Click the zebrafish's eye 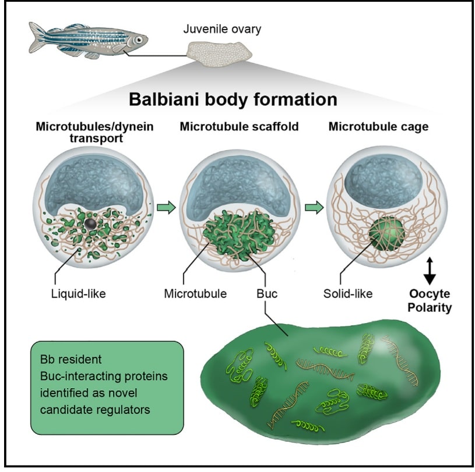click(x=139, y=40)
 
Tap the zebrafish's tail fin click(x=37, y=37)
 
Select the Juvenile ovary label click(x=222, y=29)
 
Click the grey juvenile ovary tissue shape click(x=219, y=54)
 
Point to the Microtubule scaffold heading click(x=240, y=126)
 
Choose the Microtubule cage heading click(x=378, y=126)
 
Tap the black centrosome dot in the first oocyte click(x=90, y=223)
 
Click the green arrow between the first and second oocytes click(x=166, y=208)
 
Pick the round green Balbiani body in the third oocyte click(x=387, y=235)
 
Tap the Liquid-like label click(x=79, y=293)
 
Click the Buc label click(x=267, y=293)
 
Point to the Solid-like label click(x=348, y=293)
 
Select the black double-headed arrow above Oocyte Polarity click(x=430, y=271)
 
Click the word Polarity click(x=430, y=307)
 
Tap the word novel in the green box click(x=122, y=393)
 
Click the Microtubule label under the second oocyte click(x=195, y=293)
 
